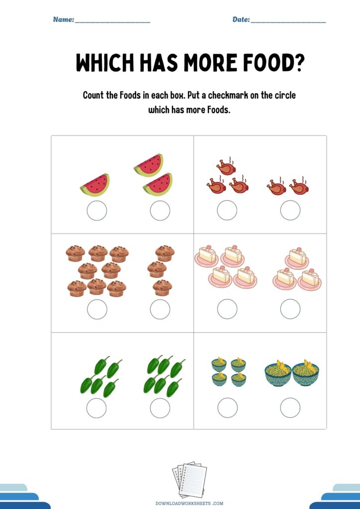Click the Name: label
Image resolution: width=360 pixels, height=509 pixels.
[64, 19]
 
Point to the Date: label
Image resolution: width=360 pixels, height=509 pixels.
[241, 19]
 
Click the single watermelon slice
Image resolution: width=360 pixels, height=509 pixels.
[95, 185]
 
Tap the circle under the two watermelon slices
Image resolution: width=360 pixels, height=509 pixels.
[160, 210]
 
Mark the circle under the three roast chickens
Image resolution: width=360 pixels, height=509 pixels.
[227, 210]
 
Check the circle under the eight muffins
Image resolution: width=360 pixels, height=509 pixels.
[97, 309]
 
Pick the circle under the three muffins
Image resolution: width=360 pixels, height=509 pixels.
[160, 309]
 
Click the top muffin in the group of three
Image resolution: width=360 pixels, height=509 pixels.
[165, 253]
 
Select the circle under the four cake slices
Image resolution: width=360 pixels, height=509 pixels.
[227, 309]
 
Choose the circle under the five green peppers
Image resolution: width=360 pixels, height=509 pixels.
[96, 408]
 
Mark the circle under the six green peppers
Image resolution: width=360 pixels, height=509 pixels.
[160, 408]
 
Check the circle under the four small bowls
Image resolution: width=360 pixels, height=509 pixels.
[228, 408]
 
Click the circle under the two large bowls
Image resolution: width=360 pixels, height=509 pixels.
[290, 408]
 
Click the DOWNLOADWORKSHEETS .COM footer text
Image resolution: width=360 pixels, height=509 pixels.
[189, 504]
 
